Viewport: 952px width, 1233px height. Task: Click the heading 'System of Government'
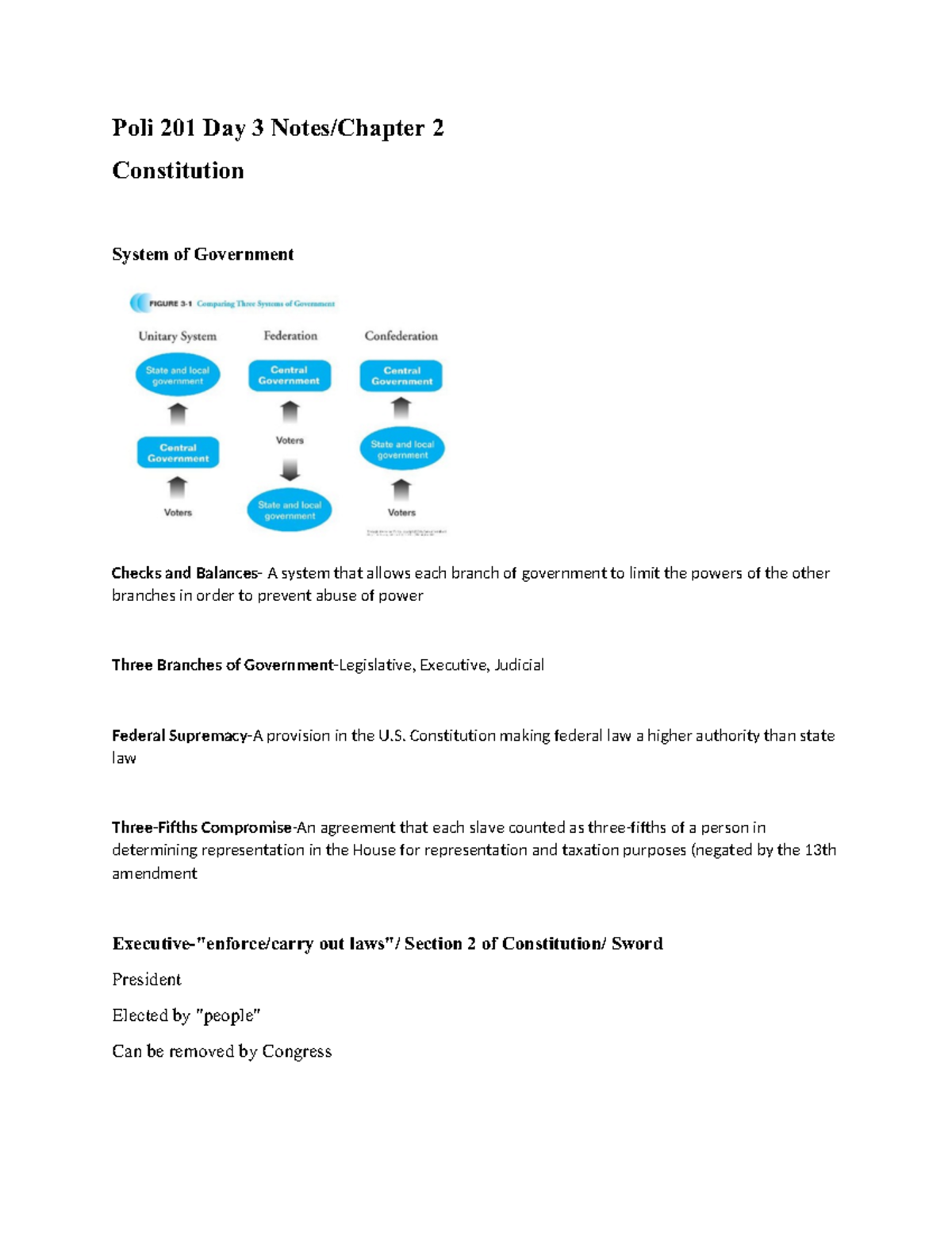click(x=202, y=254)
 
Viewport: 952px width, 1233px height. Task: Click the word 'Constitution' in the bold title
click(x=178, y=170)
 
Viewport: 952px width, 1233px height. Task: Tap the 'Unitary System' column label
click(x=177, y=336)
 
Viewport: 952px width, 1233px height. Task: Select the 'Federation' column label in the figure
click(x=290, y=336)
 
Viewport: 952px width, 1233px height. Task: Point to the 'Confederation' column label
click(x=401, y=336)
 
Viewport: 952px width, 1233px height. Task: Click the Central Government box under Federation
click(x=290, y=376)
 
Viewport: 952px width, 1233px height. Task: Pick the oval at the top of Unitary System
click(x=178, y=376)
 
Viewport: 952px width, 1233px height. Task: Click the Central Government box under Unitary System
click(x=178, y=453)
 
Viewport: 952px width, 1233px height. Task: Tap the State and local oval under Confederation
click(x=402, y=449)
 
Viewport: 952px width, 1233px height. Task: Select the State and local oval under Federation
click(x=290, y=510)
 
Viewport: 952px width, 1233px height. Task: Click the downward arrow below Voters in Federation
click(x=290, y=470)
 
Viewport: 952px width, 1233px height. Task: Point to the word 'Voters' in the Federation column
click(x=290, y=440)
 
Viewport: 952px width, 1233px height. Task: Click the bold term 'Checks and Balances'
click(x=185, y=573)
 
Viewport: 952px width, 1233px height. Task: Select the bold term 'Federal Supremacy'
click(x=179, y=736)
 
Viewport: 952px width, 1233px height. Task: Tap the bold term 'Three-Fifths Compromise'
click(x=202, y=827)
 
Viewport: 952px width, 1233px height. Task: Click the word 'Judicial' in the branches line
click(x=519, y=665)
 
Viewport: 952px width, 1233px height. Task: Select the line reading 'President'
click(x=147, y=979)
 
